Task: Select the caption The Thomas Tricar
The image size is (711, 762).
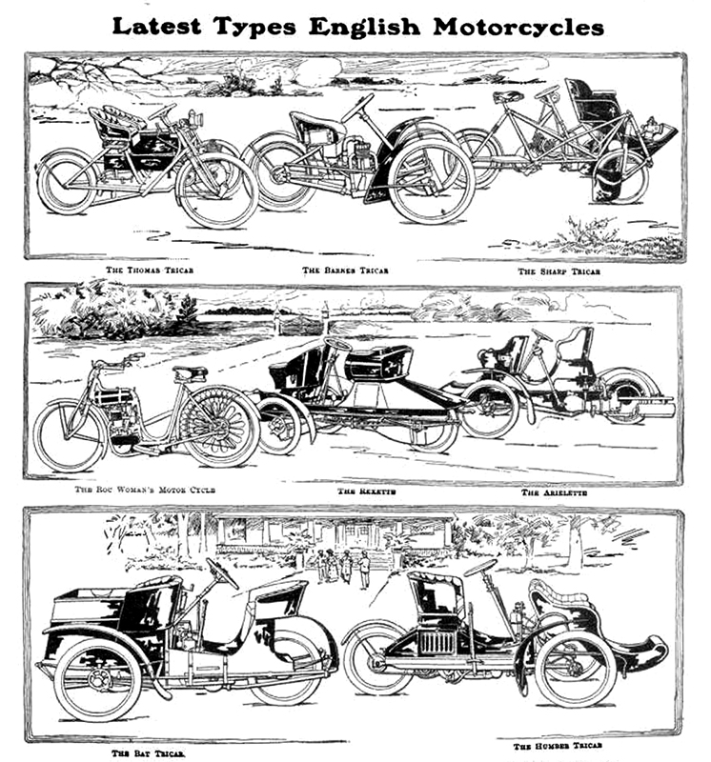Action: (x=145, y=270)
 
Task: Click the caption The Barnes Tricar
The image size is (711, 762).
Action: (x=346, y=270)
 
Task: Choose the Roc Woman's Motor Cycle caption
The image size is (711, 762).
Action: (x=146, y=490)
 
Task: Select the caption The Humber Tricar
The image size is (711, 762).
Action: (x=560, y=746)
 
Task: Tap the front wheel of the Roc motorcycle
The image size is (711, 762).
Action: (x=69, y=435)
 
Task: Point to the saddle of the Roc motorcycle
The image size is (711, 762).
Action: (x=190, y=371)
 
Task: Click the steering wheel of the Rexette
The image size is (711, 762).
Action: (x=338, y=344)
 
